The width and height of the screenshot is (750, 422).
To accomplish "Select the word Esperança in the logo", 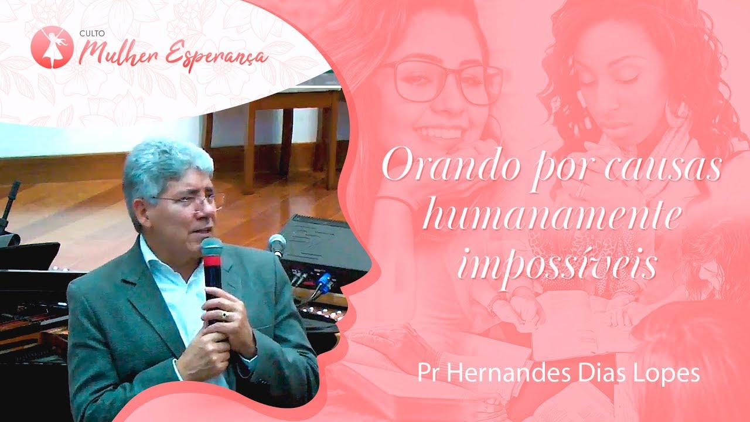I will pyautogui.click(x=216, y=56).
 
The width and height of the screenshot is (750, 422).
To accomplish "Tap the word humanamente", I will pyautogui.click(x=551, y=217).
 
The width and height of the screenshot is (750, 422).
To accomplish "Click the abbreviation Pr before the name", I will pyautogui.click(x=426, y=374).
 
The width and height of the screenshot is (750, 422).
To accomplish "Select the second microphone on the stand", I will pyautogui.click(x=277, y=243).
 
